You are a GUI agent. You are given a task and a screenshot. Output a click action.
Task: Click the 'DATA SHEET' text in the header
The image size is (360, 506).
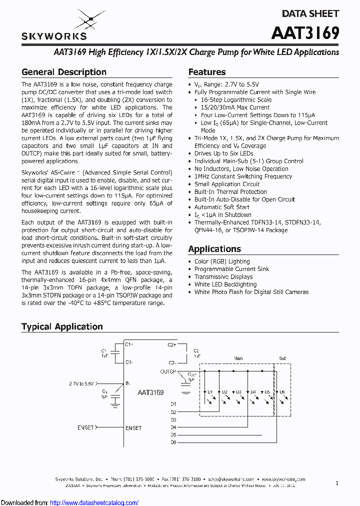click(310, 13)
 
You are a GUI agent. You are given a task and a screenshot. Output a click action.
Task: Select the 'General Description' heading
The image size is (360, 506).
click(64, 72)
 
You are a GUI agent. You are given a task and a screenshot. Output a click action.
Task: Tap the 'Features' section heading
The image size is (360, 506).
click(207, 72)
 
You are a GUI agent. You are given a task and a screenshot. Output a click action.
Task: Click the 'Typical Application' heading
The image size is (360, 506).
click(62, 326)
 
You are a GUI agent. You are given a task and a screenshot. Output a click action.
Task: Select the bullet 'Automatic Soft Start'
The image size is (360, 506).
click(222, 207)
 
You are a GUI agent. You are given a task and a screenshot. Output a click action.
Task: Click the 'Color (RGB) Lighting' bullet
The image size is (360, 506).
click(222, 261)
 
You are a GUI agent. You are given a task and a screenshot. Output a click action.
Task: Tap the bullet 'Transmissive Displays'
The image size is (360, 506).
click(223, 276)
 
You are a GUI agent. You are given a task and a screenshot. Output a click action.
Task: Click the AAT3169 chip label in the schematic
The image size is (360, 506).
click(150, 392)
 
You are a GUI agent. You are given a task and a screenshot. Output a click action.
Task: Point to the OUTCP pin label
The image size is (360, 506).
click(168, 371)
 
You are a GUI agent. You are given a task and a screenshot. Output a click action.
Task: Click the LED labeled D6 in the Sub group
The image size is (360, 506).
click(281, 392)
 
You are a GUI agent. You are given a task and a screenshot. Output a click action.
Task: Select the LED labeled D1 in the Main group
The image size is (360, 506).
click(210, 392)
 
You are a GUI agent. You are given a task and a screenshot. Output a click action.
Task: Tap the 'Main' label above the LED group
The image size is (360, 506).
click(238, 358)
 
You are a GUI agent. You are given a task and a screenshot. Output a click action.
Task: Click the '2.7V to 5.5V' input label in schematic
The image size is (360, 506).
click(81, 383)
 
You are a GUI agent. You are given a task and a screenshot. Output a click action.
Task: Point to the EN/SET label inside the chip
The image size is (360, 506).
click(133, 428)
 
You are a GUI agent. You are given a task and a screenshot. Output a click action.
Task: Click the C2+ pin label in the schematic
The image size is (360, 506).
click(171, 344)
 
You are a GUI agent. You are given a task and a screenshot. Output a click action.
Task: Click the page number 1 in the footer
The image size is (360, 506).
click(337, 483)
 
